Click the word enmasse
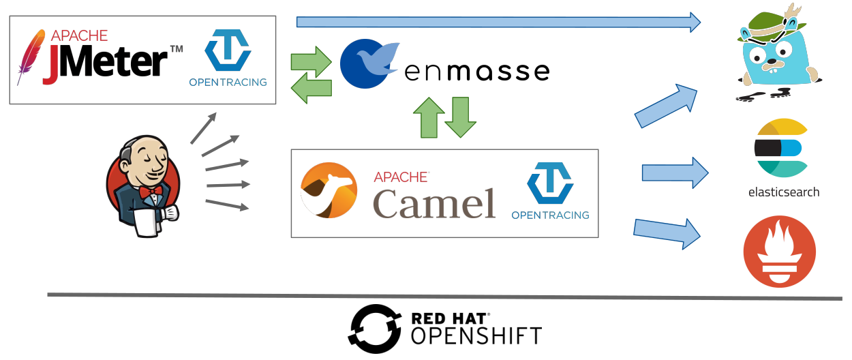point(476,71)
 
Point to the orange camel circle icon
point(329,190)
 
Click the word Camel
point(434,202)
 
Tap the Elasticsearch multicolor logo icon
point(781,149)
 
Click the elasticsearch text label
point(783,192)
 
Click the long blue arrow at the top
point(498,22)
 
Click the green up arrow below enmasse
point(429,117)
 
